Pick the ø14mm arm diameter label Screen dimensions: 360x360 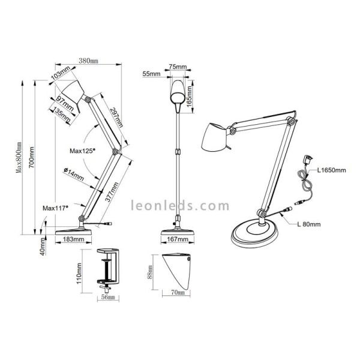pos(74,173)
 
